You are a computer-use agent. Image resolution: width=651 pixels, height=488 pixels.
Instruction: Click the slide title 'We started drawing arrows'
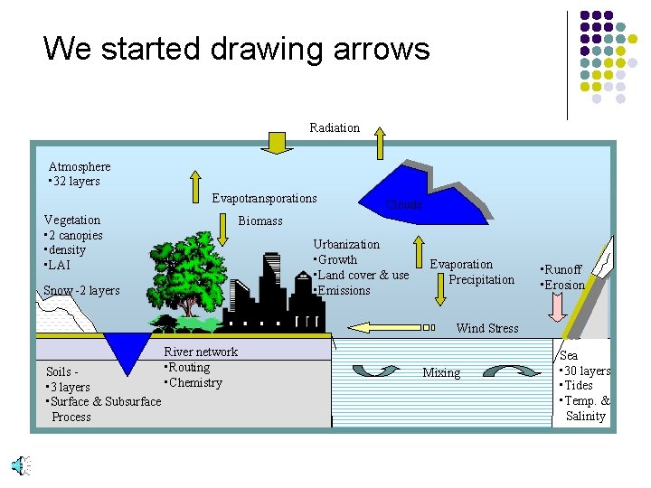[236, 48]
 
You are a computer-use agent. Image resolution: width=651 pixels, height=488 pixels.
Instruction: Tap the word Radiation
[335, 128]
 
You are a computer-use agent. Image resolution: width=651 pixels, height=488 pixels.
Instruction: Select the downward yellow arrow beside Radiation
[278, 142]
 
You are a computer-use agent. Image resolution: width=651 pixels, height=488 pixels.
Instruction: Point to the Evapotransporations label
[264, 198]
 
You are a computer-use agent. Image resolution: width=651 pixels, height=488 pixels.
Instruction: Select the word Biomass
[260, 221]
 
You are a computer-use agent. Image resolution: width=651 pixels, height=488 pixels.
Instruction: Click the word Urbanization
[346, 244]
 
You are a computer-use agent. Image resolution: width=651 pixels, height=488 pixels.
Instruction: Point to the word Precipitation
[481, 279]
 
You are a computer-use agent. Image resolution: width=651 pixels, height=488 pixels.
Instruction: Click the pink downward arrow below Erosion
[557, 306]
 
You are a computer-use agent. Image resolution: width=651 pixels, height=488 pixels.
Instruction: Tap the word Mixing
[441, 372]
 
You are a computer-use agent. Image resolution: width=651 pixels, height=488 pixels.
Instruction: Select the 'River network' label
[201, 352]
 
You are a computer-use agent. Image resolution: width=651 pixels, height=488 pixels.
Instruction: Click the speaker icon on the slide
[19, 465]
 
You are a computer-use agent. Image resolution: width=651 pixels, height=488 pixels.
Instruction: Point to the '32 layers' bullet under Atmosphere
[76, 181]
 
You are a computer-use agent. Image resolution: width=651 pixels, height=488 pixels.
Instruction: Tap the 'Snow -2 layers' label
[81, 290]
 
